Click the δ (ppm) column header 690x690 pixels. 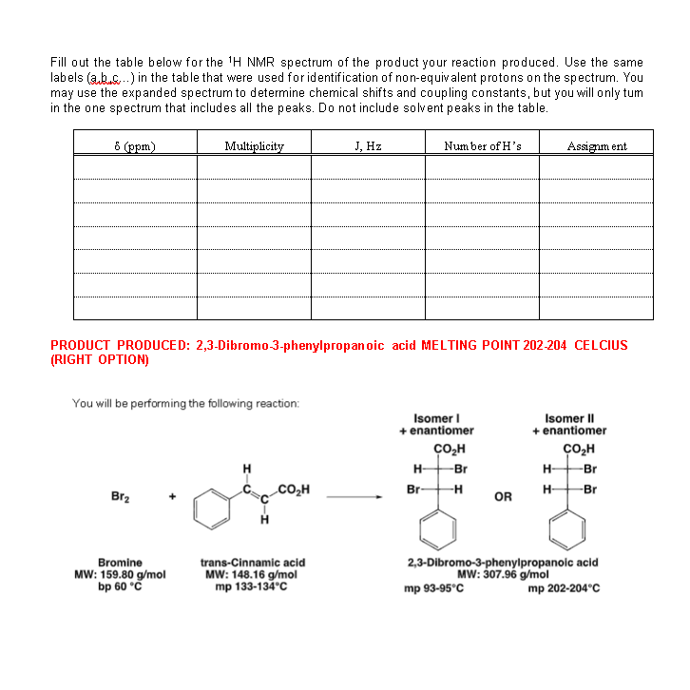(135, 146)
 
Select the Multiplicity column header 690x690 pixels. (254, 146)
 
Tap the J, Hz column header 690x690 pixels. (367, 146)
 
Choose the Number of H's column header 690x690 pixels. (482, 146)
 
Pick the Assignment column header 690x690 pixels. (596, 146)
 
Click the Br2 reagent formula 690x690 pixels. (122, 497)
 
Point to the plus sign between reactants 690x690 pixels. (172, 497)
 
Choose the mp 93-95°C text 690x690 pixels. (434, 588)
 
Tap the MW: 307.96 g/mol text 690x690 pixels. (502, 575)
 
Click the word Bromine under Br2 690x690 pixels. (120, 563)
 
